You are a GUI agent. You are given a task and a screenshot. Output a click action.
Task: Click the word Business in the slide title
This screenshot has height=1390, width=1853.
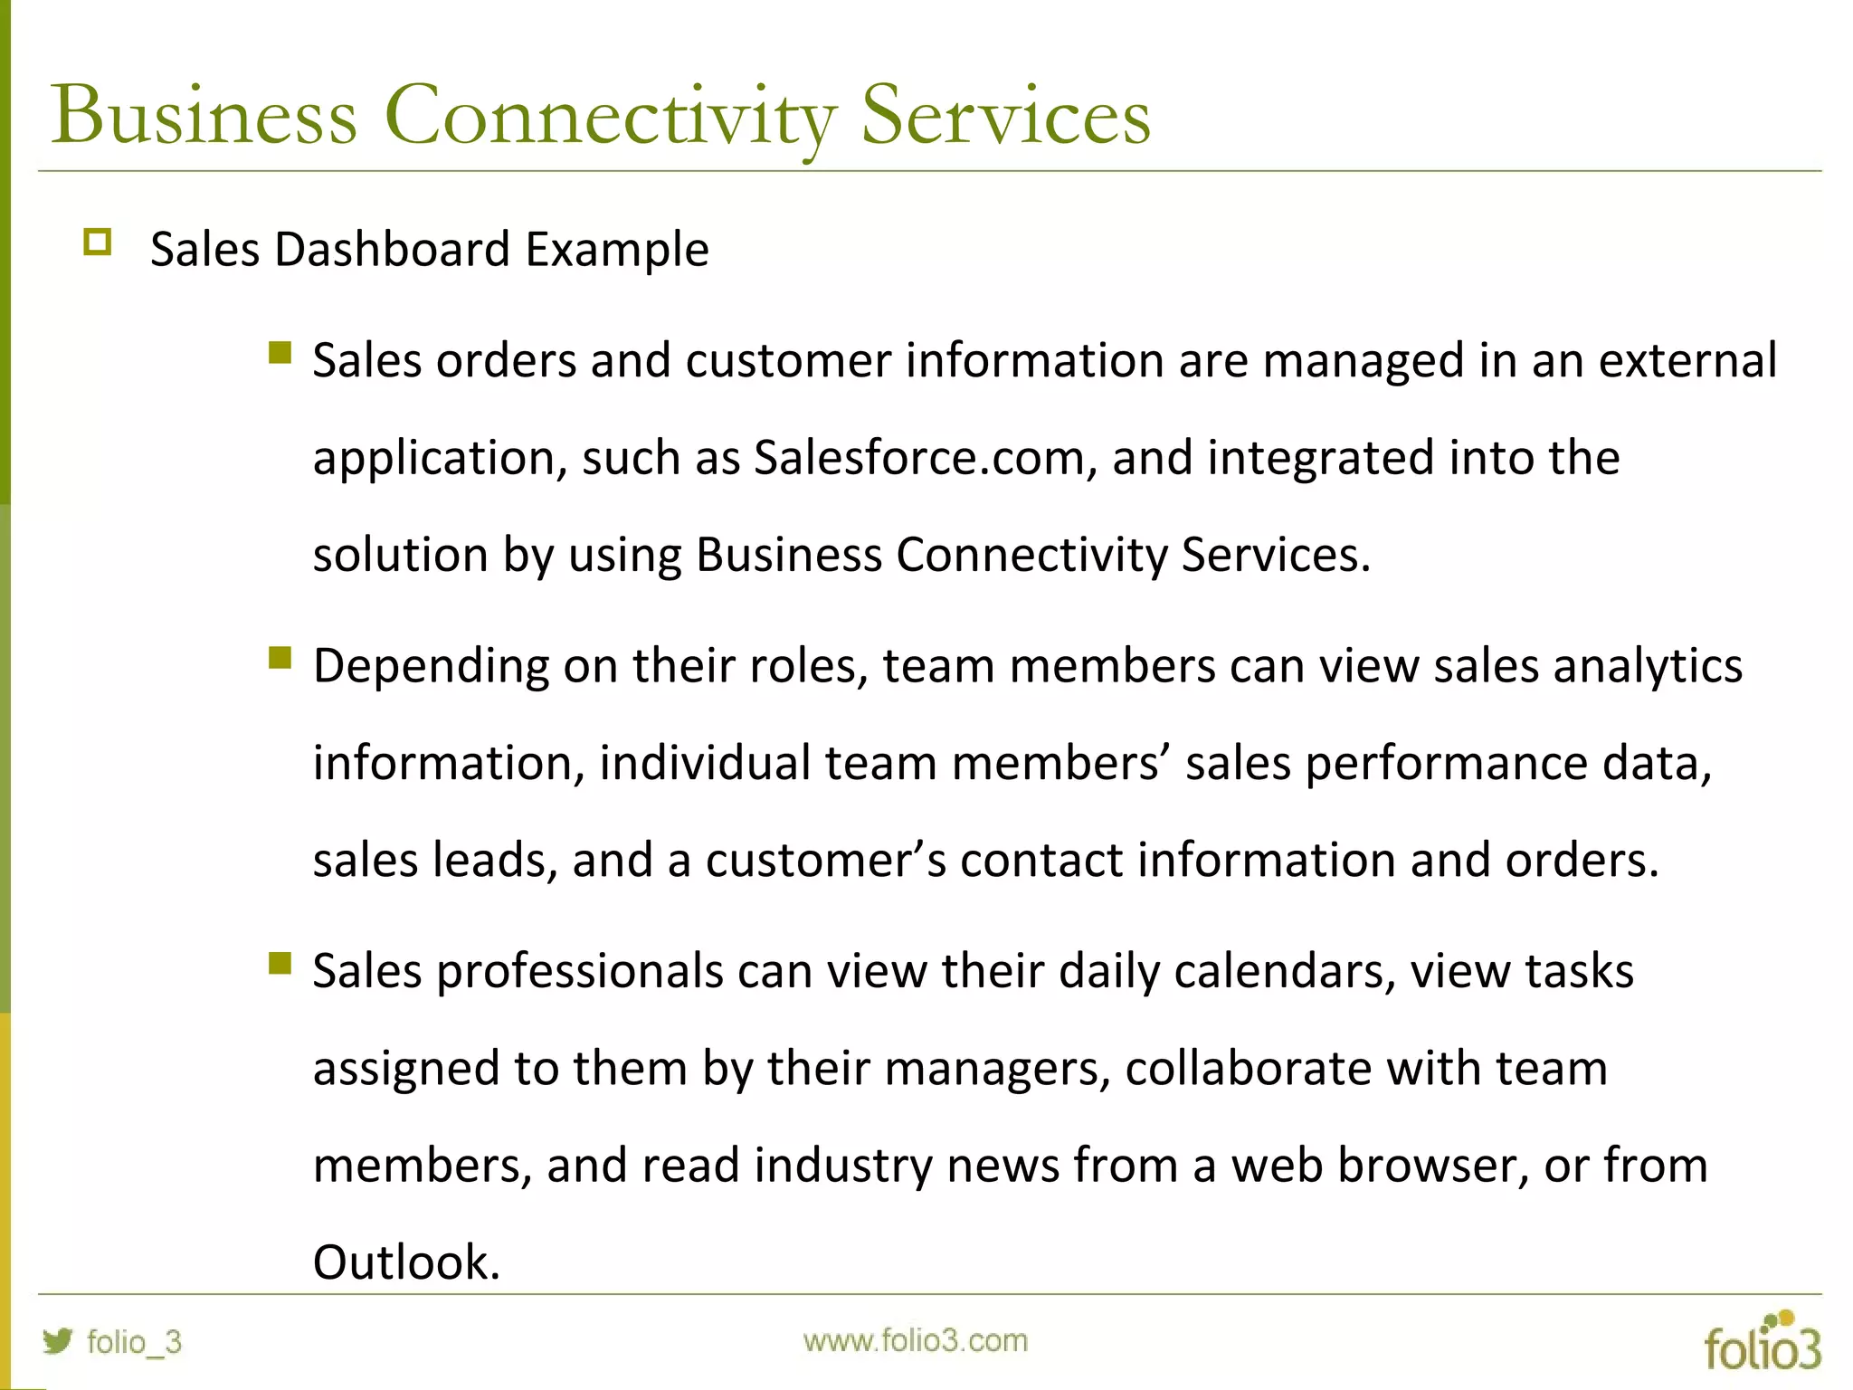click(x=204, y=116)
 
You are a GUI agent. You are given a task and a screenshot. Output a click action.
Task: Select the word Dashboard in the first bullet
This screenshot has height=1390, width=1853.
click(x=393, y=250)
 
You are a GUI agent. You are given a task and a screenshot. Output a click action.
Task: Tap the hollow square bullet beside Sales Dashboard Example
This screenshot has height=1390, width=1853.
click(x=97, y=243)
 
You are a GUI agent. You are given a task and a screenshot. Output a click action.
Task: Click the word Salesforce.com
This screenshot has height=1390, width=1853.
click(x=919, y=458)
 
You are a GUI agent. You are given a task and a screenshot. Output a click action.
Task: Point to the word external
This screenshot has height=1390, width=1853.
click(x=1687, y=361)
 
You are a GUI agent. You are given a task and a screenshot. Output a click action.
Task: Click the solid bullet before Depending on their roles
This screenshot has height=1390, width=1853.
click(x=280, y=657)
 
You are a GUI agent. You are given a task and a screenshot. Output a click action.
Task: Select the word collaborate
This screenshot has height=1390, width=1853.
click(x=1248, y=1069)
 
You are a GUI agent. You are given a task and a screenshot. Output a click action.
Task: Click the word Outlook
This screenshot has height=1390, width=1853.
click(x=405, y=1262)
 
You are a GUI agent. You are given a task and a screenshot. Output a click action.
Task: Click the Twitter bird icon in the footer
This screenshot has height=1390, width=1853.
click(x=58, y=1340)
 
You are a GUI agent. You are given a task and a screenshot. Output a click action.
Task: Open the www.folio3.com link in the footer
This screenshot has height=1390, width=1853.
click(x=916, y=1341)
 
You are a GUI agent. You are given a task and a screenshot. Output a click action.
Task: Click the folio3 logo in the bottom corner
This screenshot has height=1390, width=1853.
click(x=1762, y=1341)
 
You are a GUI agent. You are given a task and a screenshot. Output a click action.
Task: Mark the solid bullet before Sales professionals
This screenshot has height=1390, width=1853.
click(x=280, y=963)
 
